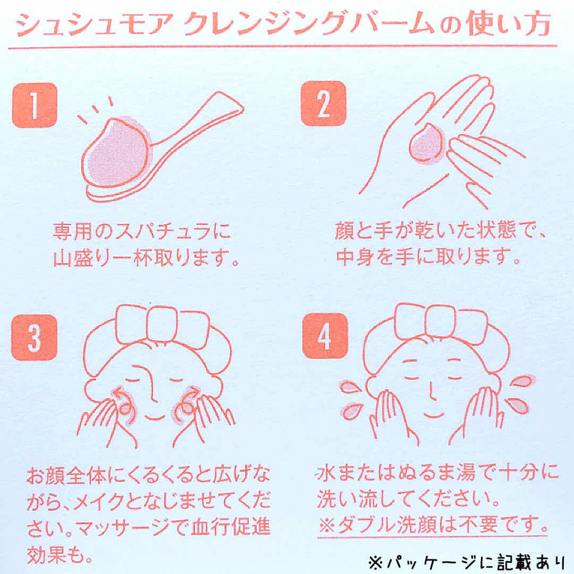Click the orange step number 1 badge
click(35, 105)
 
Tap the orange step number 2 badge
click(323, 104)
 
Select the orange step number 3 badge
click(34, 337)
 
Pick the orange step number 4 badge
click(325, 336)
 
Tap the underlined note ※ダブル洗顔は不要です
click(433, 525)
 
